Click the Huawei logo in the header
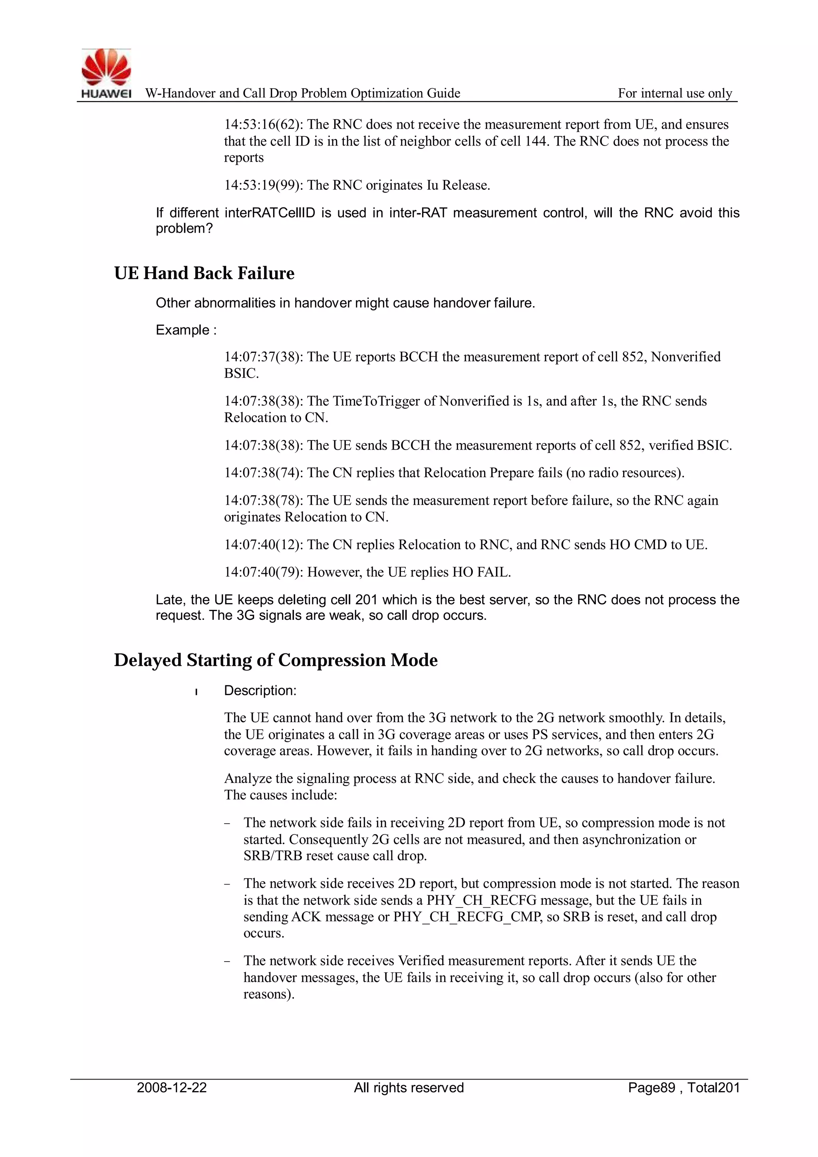pos(106,73)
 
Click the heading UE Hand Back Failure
pos(204,273)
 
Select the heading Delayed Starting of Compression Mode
pos(276,660)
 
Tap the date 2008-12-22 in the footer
pos(172,1087)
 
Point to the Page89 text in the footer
pos(651,1087)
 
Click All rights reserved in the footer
pos(409,1087)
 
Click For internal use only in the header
pos(675,93)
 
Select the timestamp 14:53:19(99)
pos(264,185)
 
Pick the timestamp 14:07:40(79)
pos(264,572)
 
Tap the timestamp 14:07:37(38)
pos(264,357)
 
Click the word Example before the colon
pos(183,330)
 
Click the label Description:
pos(260,690)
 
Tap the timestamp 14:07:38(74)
pos(264,473)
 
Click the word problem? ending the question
pos(184,228)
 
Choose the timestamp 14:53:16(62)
pos(264,124)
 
